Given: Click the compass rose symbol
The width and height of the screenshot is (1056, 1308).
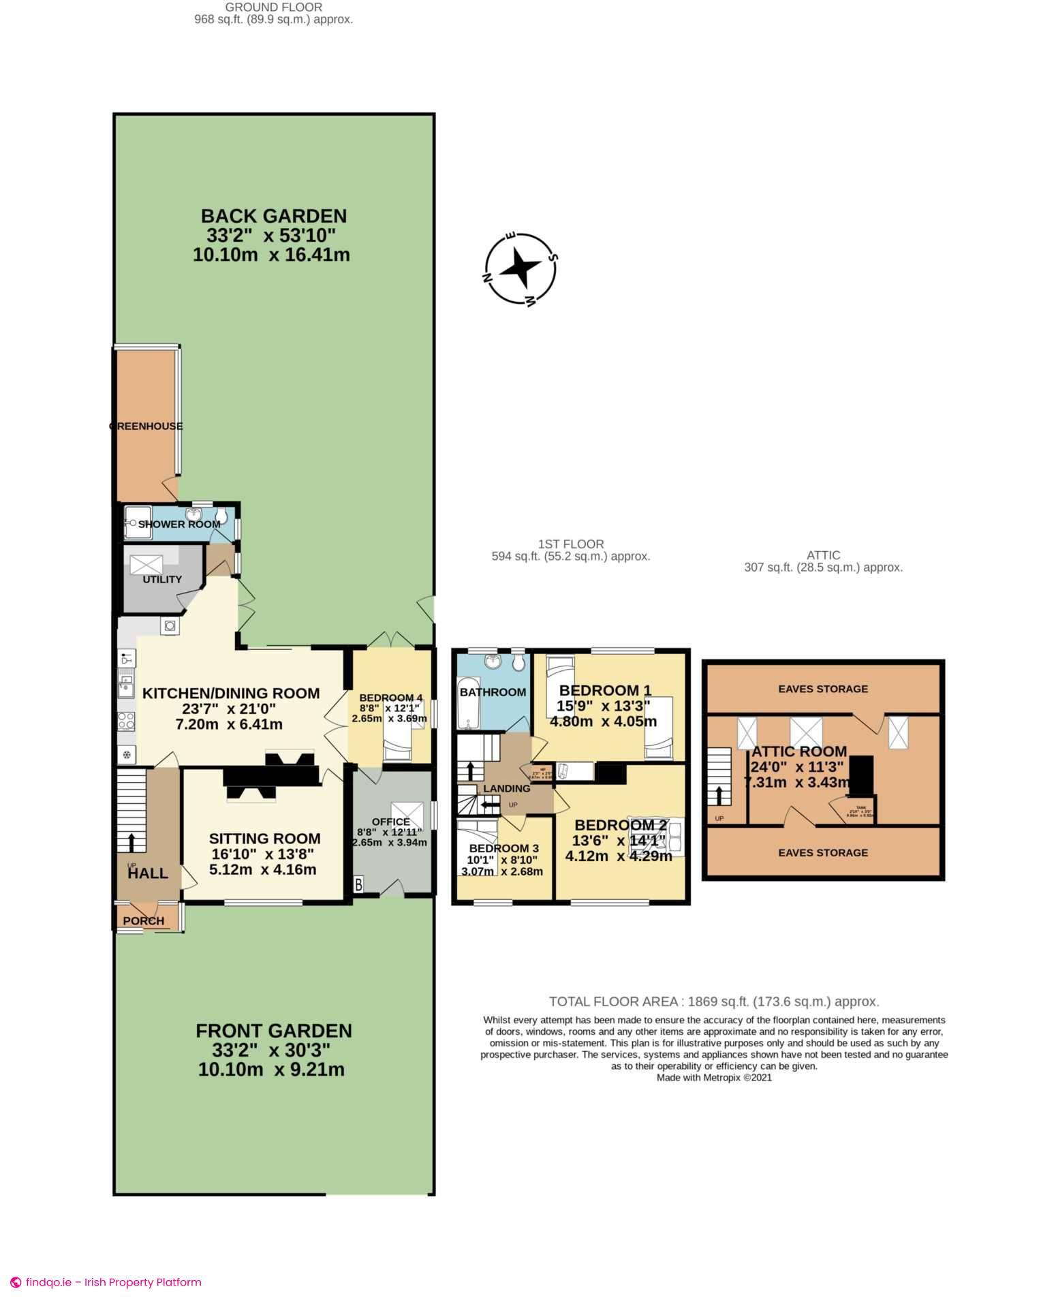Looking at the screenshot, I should (521, 269).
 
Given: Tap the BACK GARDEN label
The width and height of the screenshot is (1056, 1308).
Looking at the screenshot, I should (273, 216).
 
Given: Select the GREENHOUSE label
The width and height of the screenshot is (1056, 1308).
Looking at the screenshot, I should (146, 426).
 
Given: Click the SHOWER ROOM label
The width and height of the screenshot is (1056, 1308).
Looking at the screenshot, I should (179, 525).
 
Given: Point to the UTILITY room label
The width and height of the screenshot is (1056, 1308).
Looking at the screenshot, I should (162, 580).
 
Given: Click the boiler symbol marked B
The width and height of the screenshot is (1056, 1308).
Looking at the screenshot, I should (358, 884).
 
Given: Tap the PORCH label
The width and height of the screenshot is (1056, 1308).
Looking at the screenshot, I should (143, 921).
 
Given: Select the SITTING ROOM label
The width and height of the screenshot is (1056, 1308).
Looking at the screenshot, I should (264, 839).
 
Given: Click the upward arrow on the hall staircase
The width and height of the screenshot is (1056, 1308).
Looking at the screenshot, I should (132, 841).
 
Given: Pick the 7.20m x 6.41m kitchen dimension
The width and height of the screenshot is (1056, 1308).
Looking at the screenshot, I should (229, 724).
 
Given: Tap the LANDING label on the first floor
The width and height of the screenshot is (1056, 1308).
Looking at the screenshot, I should (506, 788).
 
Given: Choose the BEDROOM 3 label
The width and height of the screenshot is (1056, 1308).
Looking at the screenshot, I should (503, 848).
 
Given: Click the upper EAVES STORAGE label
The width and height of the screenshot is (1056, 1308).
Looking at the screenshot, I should (823, 689).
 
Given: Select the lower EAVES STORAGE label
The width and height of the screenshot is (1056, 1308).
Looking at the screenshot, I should (823, 852).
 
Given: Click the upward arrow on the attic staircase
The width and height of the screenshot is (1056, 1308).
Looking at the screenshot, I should (719, 794).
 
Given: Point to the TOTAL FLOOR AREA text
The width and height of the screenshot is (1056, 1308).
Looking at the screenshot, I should (713, 1001).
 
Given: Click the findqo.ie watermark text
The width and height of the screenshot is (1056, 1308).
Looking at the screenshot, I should (113, 1282).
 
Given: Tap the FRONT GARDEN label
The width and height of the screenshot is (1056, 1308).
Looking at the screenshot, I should (273, 1031).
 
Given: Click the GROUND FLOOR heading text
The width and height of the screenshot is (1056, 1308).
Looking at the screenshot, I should (273, 7).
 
